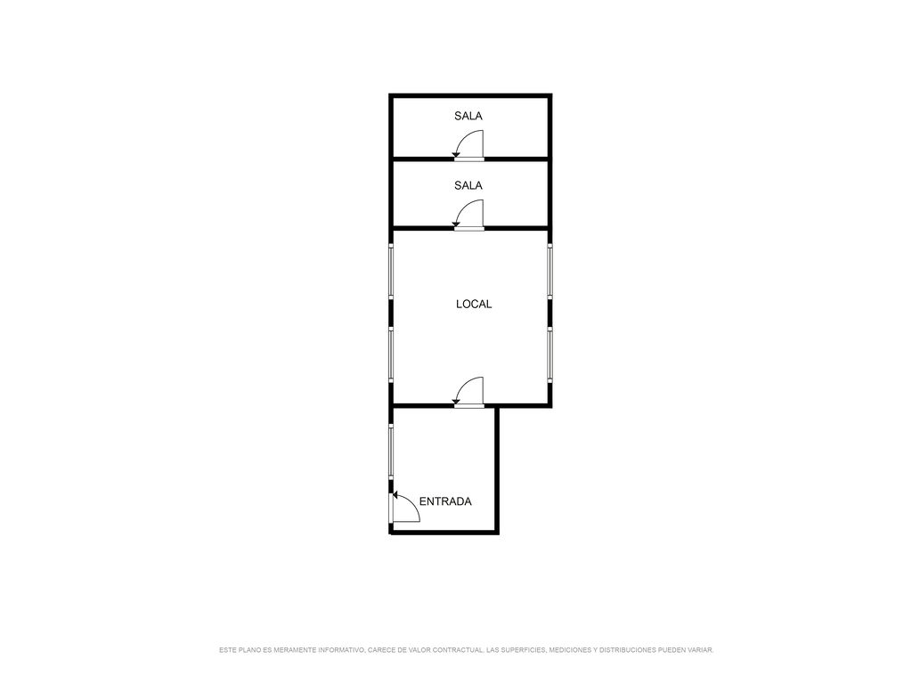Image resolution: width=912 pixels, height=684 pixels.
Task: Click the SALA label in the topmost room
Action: (x=468, y=116)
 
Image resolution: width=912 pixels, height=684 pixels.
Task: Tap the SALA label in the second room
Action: (x=468, y=185)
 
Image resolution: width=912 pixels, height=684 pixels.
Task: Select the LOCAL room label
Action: (x=474, y=304)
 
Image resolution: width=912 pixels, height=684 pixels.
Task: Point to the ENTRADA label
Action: (x=445, y=501)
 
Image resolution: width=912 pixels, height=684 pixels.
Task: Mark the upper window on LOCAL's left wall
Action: (x=391, y=272)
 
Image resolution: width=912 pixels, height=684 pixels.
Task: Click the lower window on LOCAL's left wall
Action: (x=391, y=354)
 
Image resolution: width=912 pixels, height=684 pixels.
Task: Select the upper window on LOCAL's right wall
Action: (x=550, y=272)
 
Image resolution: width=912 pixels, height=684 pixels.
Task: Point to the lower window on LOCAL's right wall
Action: (x=550, y=354)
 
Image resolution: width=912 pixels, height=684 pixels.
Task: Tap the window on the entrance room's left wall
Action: (x=391, y=452)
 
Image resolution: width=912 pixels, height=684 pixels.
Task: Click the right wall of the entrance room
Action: (x=497, y=470)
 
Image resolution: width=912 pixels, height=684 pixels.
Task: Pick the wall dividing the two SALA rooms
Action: (x=470, y=159)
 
